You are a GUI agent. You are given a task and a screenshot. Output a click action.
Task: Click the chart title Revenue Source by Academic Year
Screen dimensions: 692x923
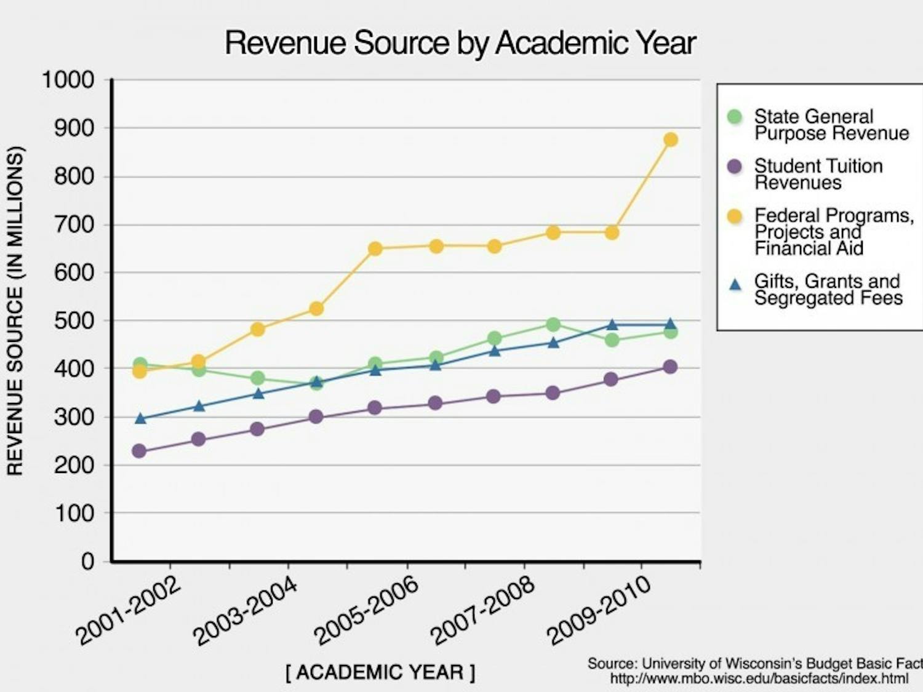click(x=460, y=43)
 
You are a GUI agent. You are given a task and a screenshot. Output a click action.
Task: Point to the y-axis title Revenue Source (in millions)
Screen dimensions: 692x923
click(x=15, y=311)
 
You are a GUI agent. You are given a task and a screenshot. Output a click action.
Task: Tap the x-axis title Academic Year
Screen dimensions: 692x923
click(x=380, y=672)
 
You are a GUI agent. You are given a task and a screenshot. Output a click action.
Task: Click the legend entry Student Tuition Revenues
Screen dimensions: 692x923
click(x=818, y=174)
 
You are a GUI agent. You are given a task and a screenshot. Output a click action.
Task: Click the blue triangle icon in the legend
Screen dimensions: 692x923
click(x=735, y=284)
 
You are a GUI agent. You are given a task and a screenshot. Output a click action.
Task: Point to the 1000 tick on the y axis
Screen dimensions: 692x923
click(x=68, y=80)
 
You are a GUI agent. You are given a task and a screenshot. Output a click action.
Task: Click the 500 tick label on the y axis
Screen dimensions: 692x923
click(x=74, y=320)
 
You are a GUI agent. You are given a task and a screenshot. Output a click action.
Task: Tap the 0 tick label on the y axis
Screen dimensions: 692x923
click(x=87, y=561)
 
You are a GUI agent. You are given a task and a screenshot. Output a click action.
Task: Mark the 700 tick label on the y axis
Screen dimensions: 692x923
click(x=74, y=225)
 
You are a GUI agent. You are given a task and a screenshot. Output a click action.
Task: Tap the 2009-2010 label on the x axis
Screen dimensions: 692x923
click(x=598, y=611)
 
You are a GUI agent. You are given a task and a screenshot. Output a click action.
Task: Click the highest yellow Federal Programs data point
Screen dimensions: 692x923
click(x=671, y=140)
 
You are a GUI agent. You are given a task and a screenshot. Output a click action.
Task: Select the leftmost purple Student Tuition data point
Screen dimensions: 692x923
click(x=140, y=451)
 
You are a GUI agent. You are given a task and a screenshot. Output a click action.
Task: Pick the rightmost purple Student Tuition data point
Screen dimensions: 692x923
click(x=670, y=367)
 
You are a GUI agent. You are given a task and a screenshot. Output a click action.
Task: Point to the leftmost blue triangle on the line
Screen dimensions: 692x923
click(x=140, y=419)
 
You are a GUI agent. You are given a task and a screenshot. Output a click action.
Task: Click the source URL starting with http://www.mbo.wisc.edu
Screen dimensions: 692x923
click(x=759, y=679)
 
